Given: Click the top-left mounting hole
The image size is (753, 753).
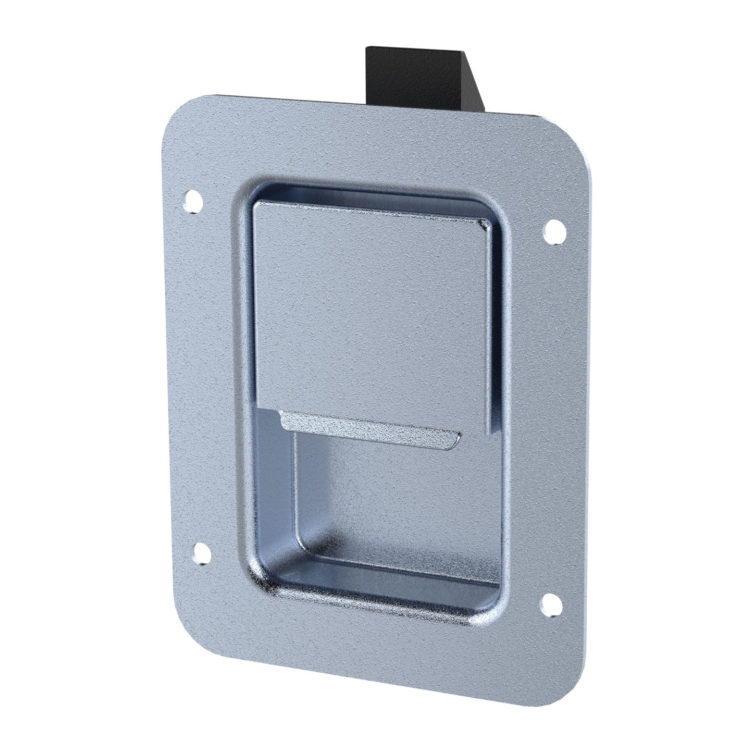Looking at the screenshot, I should (x=193, y=202).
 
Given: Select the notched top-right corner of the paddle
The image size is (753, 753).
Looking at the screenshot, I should (x=483, y=225).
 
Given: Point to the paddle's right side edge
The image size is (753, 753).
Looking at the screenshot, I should (x=488, y=334).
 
